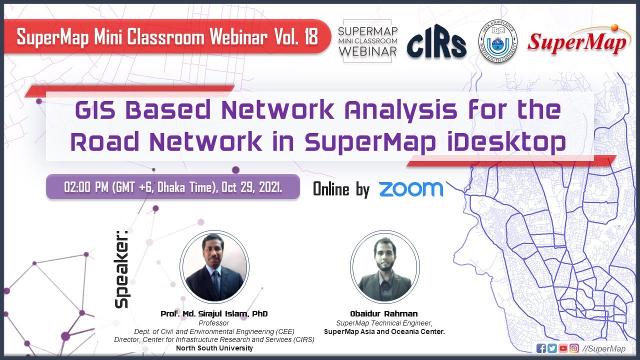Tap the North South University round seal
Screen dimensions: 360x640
(x=497, y=41)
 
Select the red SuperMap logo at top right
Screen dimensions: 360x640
(x=577, y=42)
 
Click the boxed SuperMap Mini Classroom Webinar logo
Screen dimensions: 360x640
(x=368, y=41)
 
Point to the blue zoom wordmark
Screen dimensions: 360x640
(x=410, y=189)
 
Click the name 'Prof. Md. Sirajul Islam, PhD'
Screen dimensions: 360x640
(x=214, y=314)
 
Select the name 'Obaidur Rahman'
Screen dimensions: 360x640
(x=384, y=314)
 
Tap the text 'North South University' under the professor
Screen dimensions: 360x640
(x=214, y=348)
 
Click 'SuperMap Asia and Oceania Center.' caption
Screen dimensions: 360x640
(x=384, y=331)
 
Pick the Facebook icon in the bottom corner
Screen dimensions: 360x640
(x=540, y=348)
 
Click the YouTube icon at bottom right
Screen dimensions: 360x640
(x=563, y=348)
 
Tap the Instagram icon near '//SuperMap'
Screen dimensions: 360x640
(x=574, y=348)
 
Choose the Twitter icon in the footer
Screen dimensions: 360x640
(x=551, y=348)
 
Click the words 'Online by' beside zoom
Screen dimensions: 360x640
(x=341, y=189)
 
